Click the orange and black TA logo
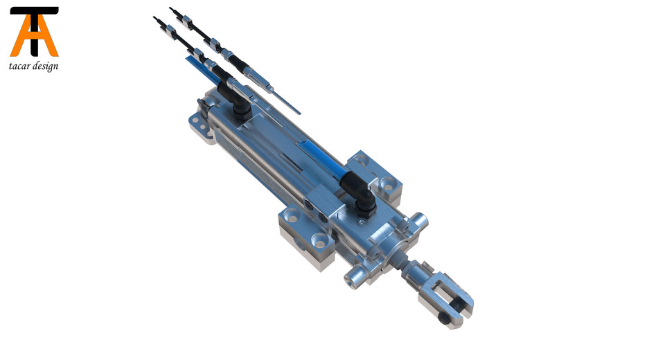pyautogui.click(x=34, y=32)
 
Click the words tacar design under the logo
pyautogui.click(x=34, y=66)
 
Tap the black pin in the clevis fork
pyautogui.click(x=444, y=319)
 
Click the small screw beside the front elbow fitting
pyautogui.click(x=361, y=223)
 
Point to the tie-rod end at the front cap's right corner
pyautogui.click(x=420, y=222)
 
